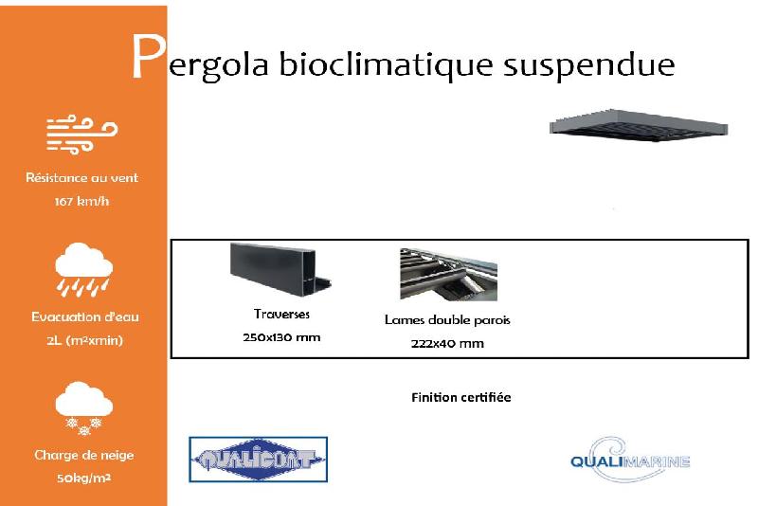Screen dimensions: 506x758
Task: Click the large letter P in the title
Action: pyautogui.click(x=147, y=59)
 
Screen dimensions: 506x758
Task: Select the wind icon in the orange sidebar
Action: pyautogui.click(x=81, y=133)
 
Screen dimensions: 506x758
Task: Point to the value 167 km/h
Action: pyautogui.click(x=82, y=201)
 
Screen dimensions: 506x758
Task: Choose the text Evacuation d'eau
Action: pyautogui.click(x=84, y=316)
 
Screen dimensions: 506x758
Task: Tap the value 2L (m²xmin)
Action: pyautogui.click(x=84, y=340)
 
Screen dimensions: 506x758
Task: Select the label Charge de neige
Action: pyautogui.click(x=84, y=455)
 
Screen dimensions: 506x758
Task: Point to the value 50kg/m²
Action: pyautogui.click(x=84, y=479)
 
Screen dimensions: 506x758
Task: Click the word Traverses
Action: pyautogui.click(x=281, y=314)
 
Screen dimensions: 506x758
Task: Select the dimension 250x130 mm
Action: pyautogui.click(x=281, y=337)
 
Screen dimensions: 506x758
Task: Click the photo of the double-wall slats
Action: pyautogui.click(x=448, y=274)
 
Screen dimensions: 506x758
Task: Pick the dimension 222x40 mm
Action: pyautogui.click(x=447, y=343)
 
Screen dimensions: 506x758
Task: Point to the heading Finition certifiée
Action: pyautogui.click(x=461, y=397)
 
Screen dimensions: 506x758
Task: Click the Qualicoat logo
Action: pyautogui.click(x=258, y=461)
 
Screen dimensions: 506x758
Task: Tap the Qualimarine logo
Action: pyautogui.click(x=629, y=460)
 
